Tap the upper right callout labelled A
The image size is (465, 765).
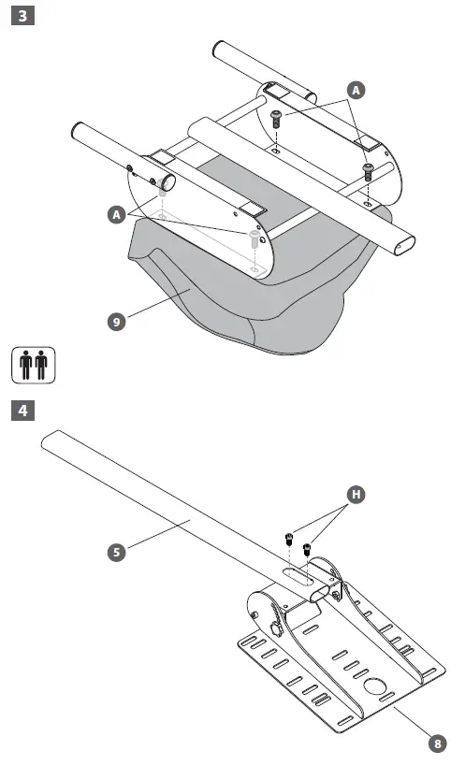pyautogui.click(x=355, y=90)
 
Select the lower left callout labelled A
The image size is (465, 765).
pyautogui.click(x=116, y=214)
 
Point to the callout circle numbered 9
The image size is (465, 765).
pyautogui.click(x=116, y=321)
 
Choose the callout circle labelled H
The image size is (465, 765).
pyautogui.click(x=355, y=493)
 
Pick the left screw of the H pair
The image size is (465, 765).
pyautogui.click(x=289, y=540)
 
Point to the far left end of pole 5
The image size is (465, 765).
pyautogui.click(x=49, y=440)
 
